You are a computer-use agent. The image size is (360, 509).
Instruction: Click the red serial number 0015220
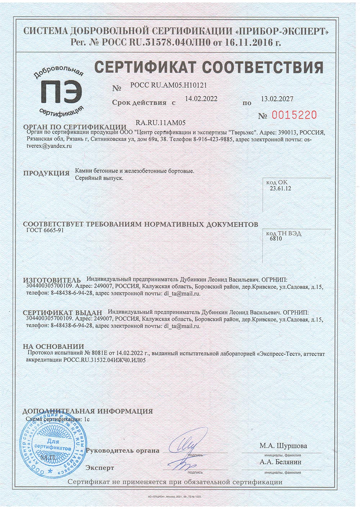[294, 115]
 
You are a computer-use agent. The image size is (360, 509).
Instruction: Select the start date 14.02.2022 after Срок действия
[201, 99]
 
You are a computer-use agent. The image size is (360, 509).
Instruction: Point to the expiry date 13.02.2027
[277, 99]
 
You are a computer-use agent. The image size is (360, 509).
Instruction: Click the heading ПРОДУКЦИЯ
[46, 173]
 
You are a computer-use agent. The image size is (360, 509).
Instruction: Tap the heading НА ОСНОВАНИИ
[53, 346]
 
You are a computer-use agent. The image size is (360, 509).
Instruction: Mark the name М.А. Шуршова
[283, 446]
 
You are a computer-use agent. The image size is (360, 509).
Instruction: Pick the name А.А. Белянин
[280, 462]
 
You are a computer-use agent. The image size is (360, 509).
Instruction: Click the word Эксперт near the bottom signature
[100, 468]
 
